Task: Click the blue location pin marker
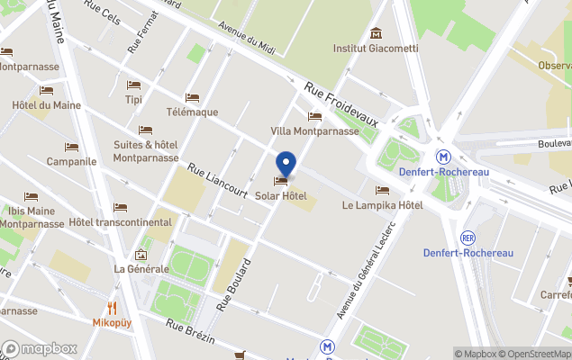point(286,164)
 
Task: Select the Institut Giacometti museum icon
point(376,33)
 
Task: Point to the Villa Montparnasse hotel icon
point(314,116)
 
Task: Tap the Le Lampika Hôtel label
point(383,205)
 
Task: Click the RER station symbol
point(468,238)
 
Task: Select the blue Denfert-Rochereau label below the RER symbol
point(468,253)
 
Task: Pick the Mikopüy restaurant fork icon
point(113,307)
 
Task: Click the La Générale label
point(141,269)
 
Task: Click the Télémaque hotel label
point(192,112)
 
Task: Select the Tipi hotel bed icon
point(134,85)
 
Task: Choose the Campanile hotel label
point(71,162)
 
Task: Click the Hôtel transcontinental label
point(120,222)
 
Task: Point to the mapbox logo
point(40,348)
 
